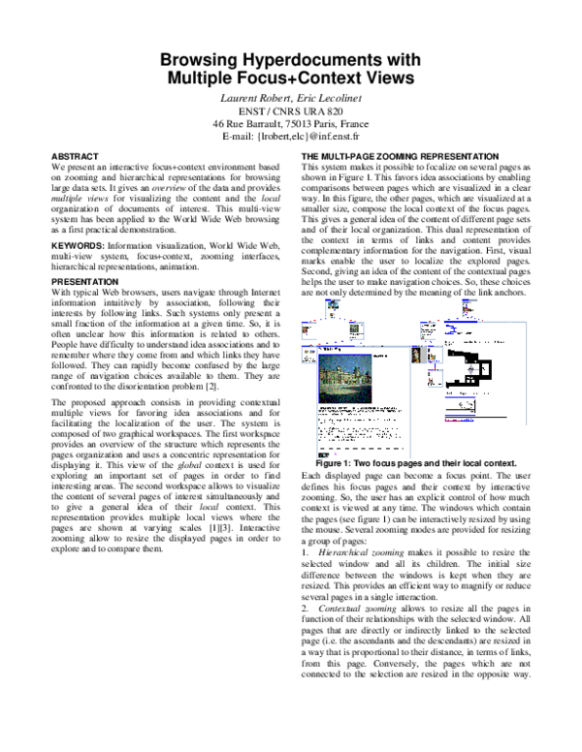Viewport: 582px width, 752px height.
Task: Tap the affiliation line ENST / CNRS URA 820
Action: click(290, 111)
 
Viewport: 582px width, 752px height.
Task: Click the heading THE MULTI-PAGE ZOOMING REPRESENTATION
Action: click(401, 156)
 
